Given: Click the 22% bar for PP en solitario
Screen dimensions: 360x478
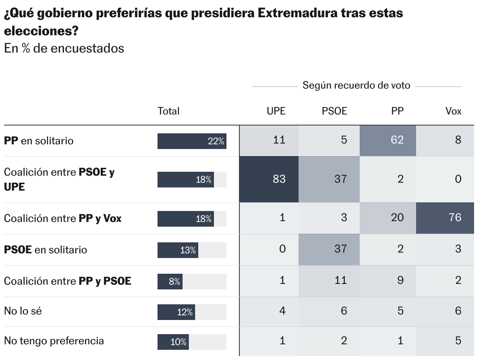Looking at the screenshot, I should (x=192, y=141).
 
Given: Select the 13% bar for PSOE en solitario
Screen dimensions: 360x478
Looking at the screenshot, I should (x=177, y=250).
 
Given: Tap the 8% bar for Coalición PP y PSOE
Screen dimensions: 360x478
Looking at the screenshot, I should (x=170, y=281).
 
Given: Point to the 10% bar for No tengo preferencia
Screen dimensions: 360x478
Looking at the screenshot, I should (x=173, y=342).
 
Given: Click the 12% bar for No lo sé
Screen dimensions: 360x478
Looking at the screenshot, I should (x=176, y=312).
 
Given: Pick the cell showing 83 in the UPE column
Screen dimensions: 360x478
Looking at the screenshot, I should (x=269, y=179).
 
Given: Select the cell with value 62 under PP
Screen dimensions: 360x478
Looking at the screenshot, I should (x=388, y=140).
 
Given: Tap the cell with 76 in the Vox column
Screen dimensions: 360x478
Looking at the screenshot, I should (x=445, y=218).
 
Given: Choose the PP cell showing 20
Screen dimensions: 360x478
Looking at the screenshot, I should (x=388, y=218).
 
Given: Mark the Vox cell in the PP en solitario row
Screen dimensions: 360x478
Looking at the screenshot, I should (x=445, y=140).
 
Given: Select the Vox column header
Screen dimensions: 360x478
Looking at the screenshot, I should (x=453, y=111).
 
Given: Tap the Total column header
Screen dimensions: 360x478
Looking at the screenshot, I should (x=168, y=111).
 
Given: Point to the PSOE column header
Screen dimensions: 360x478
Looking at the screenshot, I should (x=334, y=111).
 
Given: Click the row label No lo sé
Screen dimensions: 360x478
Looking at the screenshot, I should (x=23, y=311).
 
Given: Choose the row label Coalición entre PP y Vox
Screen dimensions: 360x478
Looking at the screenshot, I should (x=63, y=218).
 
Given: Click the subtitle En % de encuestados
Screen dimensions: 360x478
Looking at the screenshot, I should (x=64, y=48).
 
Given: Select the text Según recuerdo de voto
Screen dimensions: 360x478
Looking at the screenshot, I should (x=356, y=85).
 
